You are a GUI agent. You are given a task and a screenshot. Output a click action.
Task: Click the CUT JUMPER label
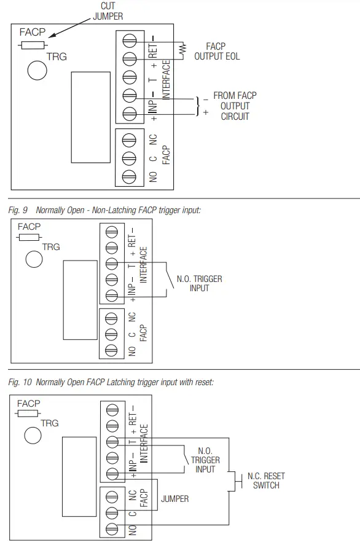[108, 11]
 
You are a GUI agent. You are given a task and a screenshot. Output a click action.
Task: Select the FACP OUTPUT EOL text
[217, 51]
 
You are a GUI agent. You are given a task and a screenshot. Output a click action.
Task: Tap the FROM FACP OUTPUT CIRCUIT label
[235, 106]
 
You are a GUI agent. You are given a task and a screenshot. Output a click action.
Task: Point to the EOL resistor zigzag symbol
[181, 49]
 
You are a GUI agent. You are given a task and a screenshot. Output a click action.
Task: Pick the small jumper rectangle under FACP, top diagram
[33, 45]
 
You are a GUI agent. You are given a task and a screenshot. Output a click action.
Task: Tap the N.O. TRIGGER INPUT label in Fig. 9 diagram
[199, 283]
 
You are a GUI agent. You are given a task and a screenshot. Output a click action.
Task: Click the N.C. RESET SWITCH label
[266, 480]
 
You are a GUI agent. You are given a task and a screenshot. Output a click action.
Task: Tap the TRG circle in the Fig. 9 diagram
[34, 259]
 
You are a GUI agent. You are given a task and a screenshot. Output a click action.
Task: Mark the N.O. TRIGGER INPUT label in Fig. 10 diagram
[205, 460]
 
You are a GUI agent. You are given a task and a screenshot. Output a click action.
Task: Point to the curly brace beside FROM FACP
[198, 106]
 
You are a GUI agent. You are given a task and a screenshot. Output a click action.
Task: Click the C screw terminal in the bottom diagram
[111, 512]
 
